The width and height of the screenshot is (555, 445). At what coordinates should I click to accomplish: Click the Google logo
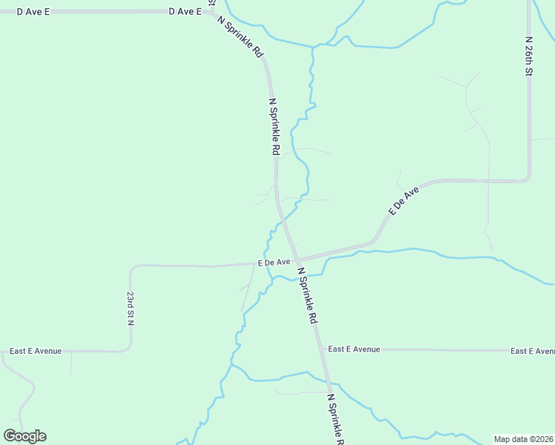[x=25, y=436]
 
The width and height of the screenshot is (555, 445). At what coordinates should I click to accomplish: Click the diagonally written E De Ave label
[x=404, y=201]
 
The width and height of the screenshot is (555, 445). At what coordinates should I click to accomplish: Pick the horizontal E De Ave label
[x=274, y=263]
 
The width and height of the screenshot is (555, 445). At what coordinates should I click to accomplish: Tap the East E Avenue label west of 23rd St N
[x=36, y=351]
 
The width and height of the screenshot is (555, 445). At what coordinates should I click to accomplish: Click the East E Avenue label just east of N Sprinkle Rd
[x=354, y=349]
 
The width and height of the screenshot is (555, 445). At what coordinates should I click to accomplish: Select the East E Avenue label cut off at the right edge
[x=532, y=350]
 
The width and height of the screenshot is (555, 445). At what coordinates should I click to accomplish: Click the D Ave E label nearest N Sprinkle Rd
[x=185, y=12]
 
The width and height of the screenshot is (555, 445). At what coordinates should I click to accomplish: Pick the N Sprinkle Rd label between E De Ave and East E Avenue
[x=307, y=296]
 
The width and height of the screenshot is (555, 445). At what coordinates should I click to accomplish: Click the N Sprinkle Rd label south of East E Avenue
[x=335, y=419]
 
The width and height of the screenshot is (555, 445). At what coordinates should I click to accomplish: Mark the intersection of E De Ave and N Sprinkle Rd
[x=298, y=261]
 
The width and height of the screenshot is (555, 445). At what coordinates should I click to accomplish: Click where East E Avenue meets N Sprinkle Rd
[x=320, y=349]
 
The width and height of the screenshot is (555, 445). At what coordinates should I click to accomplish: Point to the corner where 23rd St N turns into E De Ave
[x=132, y=267]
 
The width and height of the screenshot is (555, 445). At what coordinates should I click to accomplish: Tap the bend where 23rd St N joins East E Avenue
[x=128, y=349]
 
